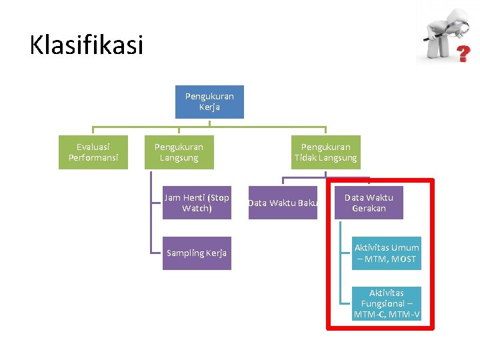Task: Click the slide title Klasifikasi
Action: point(87,45)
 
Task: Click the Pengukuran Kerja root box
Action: point(209,102)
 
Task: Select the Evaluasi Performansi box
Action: point(93,153)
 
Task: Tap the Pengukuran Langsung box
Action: point(179,153)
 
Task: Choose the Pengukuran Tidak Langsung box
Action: point(325,153)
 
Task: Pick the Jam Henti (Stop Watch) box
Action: point(197,203)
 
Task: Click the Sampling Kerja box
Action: point(197,253)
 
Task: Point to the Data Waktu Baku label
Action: point(283,203)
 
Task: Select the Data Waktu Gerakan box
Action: point(369,203)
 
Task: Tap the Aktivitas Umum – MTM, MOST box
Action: point(387,253)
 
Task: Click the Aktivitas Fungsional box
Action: point(387,303)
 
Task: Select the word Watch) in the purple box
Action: point(197,209)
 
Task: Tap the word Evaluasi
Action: point(93,147)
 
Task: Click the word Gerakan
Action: point(369,209)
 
